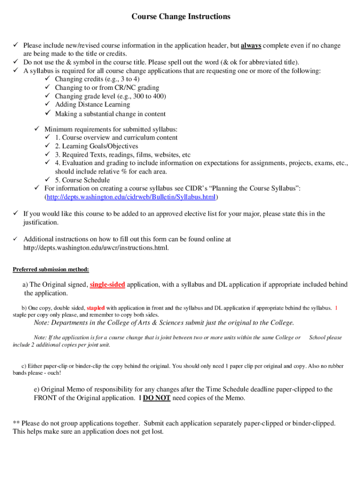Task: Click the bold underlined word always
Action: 251,46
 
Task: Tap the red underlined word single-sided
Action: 107,285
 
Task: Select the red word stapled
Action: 95,308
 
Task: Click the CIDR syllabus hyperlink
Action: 130,197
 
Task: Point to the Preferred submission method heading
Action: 50,269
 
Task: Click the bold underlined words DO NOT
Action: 157,398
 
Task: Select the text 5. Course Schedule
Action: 82,180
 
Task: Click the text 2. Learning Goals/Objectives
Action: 96,146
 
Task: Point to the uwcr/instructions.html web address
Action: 96,248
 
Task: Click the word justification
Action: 41,223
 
